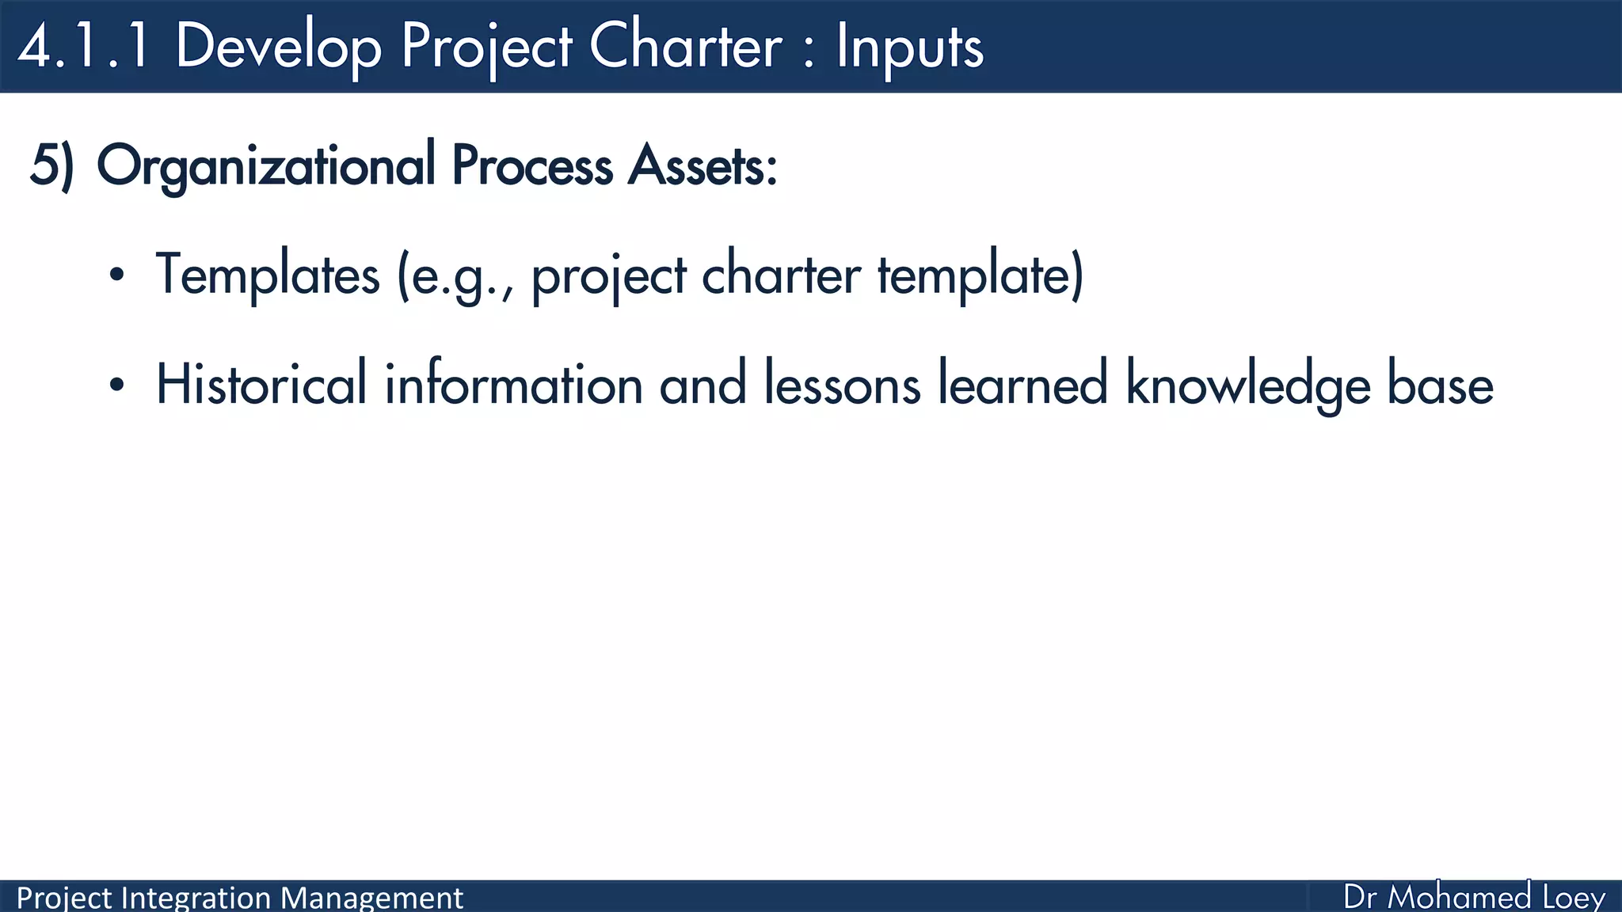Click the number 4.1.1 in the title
pos(84,46)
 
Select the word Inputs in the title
pos(909,46)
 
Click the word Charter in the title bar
pos(686,46)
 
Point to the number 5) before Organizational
pos(51,165)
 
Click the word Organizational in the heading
pos(265,165)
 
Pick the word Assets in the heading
pos(702,165)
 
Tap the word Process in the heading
pos(532,165)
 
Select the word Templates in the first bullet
pos(268,275)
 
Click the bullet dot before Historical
pos(117,386)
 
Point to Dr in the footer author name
pos(1360,898)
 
